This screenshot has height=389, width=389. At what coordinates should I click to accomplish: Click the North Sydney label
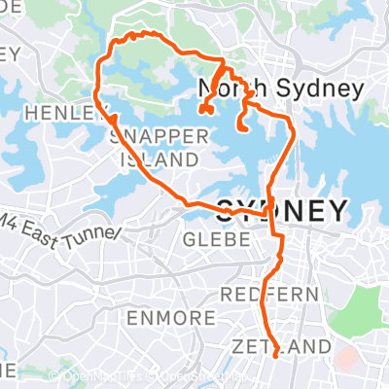281,89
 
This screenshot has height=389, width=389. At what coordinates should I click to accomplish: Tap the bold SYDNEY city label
282,210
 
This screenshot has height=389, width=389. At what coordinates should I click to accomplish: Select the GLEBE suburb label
210,238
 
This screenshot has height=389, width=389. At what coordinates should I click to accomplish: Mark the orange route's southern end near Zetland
276,356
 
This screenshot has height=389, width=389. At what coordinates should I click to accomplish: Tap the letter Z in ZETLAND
239,346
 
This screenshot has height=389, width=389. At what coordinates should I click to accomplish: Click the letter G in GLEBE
189,238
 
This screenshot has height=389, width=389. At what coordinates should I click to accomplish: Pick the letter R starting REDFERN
227,294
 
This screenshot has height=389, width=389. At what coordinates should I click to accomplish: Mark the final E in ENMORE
209,318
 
